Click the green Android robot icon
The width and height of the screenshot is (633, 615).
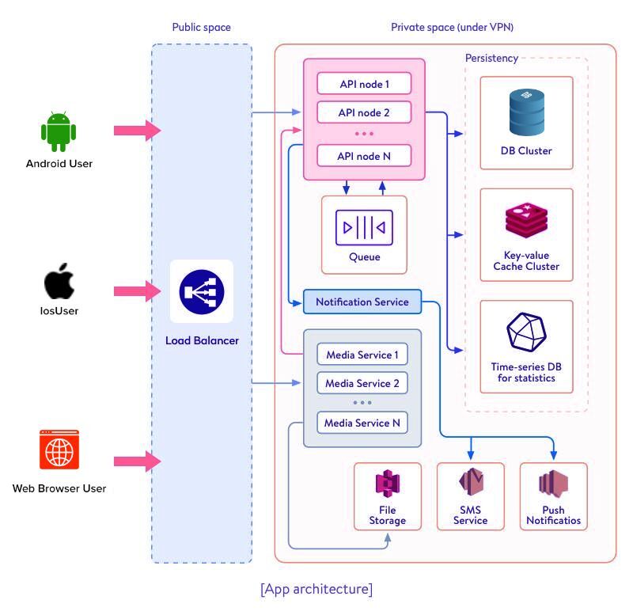tap(60, 131)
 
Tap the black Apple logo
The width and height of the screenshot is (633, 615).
tap(59, 283)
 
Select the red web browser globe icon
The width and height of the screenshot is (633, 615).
tap(59, 450)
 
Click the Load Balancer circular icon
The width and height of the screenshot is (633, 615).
tap(201, 291)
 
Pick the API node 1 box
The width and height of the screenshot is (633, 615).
tap(364, 83)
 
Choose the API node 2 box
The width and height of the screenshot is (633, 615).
tap(364, 112)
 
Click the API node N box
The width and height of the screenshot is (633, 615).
tap(364, 156)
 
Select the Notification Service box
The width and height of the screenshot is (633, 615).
tap(362, 302)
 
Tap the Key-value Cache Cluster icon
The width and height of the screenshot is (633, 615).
tap(526, 222)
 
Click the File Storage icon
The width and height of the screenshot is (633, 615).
tap(388, 484)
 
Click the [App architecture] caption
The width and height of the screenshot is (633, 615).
tap(316, 589)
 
